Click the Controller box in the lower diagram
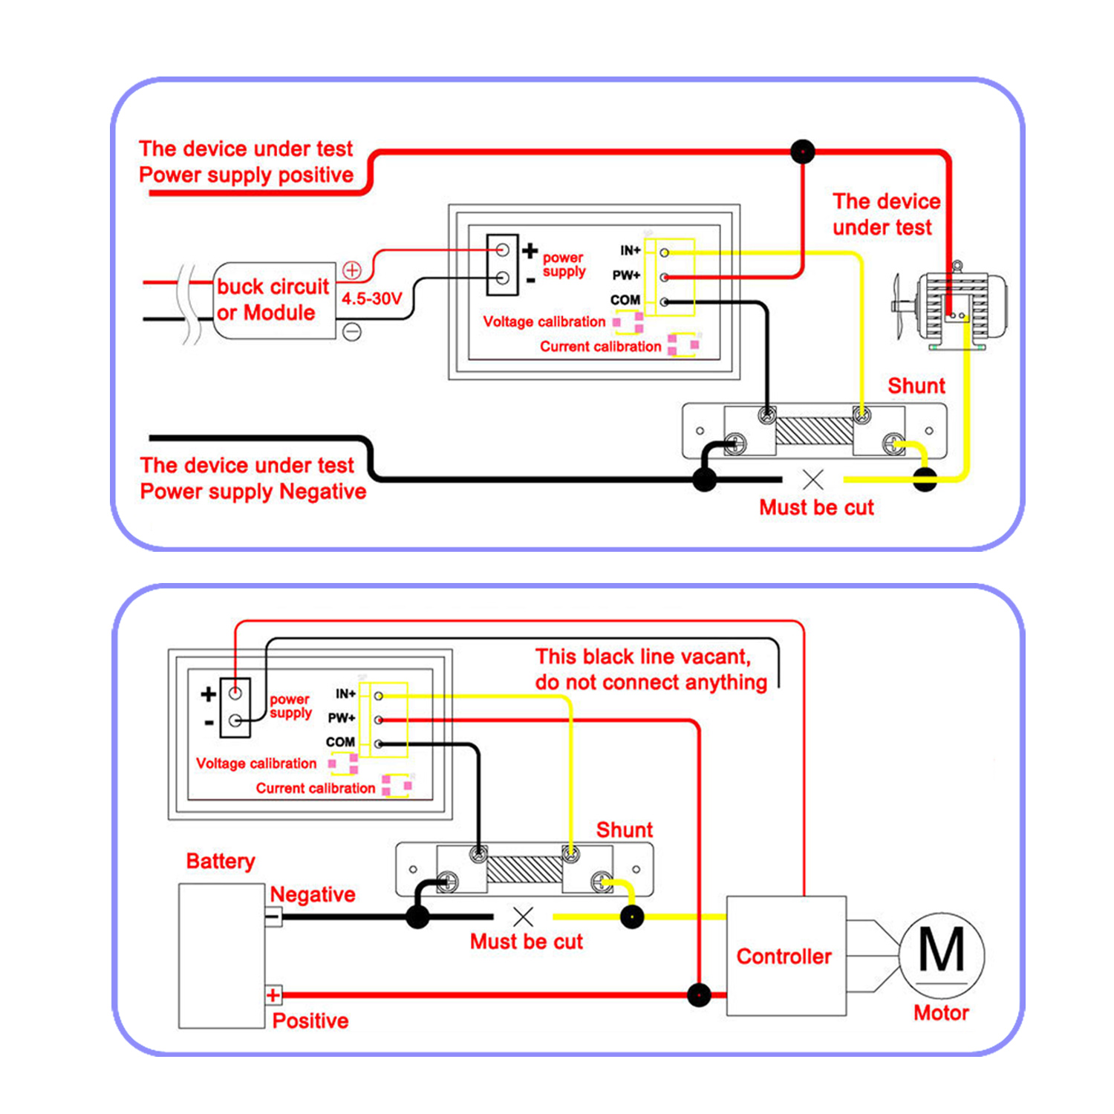click(786, 956)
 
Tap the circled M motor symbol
click(942, 955)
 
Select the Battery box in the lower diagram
click(222, 956)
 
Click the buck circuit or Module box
click(274, 300)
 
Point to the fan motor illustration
click(951, 306)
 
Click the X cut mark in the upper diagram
click(813, 480)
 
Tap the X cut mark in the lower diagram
click(524, 916)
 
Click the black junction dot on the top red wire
click(803, 152)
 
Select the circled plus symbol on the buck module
click(352, 270)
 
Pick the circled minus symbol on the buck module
click(352, 331)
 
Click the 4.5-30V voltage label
click(371, 299)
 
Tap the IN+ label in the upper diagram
click(631, 251)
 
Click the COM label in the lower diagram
click(340, 742)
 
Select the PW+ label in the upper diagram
click(626, 276)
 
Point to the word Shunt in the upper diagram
click(916, 385)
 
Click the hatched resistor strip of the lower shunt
click(524, 869)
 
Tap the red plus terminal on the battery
click(273, 995)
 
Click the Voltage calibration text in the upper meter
click(544, 322)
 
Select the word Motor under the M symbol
click(941, 1013)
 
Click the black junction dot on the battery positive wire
click(699, 995)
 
